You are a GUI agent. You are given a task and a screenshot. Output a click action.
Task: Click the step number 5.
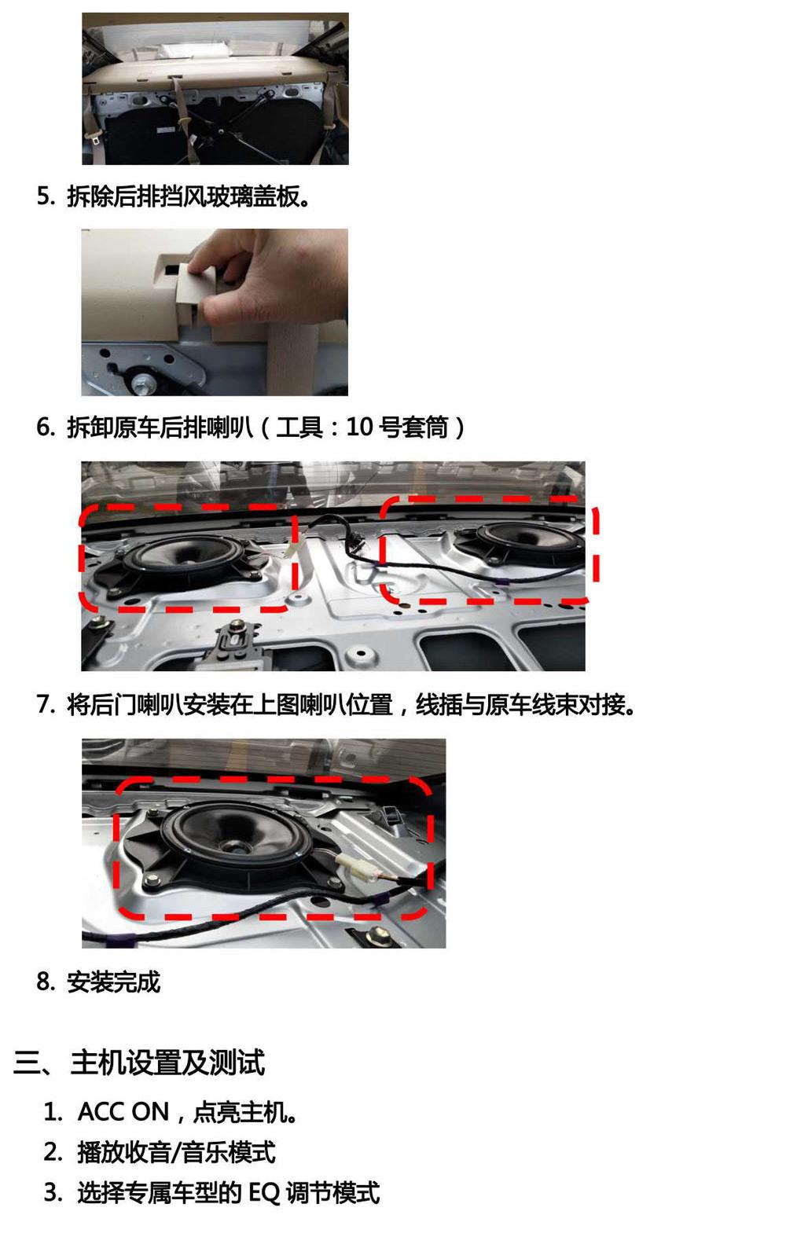(x=44, y=196)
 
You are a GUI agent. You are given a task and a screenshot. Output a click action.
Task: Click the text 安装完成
(x=113, y=982)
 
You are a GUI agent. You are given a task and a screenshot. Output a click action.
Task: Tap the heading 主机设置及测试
(x=167, y=1063)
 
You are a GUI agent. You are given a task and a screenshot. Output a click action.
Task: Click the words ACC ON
(x=123, y=1112)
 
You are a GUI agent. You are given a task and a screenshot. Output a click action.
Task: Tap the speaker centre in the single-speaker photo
(x=233, y=846)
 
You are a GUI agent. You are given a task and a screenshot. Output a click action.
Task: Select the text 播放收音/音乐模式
(x=176, y=1153)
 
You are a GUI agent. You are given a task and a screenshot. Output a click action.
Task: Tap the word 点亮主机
(x=244, y=1112)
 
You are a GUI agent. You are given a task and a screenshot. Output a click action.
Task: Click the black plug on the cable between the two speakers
(x=351, y=541)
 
